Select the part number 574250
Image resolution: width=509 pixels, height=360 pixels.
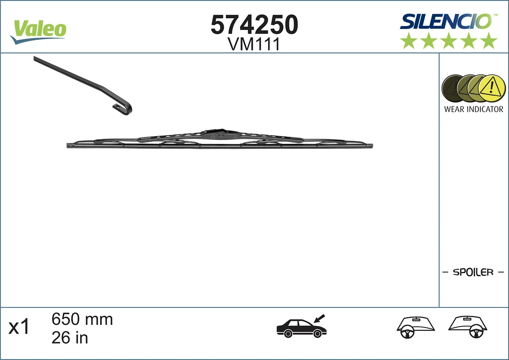coord(255,25)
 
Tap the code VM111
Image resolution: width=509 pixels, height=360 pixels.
coord(254,44)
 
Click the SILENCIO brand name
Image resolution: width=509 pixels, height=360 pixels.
coord(445,21)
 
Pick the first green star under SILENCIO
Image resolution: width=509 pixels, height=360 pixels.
coord(408,41)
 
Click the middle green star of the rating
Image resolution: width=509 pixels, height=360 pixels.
coord(449,41)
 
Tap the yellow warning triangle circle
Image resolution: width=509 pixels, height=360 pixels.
coord(492,89)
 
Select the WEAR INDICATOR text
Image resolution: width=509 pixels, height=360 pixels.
coord(473,109)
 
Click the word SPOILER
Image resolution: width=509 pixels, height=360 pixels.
coord(473,272)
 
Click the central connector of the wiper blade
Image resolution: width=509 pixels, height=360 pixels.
coord(216,135)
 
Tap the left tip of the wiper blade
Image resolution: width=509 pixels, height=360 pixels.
coord(69,146)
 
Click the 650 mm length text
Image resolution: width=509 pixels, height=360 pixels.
coord(82,319)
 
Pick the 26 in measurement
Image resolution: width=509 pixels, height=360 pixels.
coord(70,338)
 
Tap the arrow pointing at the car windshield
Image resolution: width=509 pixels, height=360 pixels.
coord(319,318)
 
